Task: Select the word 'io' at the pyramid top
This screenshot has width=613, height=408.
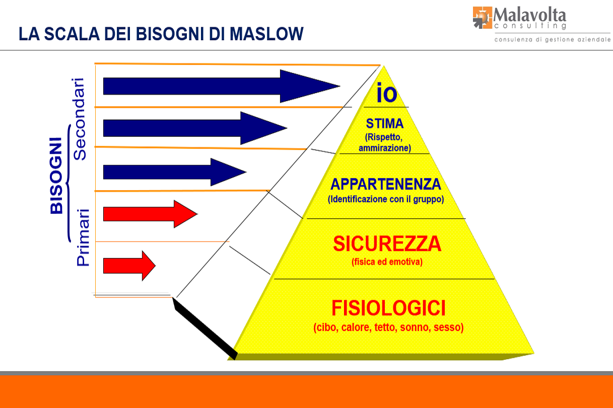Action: click(386, 94)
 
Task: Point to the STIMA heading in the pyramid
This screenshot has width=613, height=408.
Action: click(385, 124)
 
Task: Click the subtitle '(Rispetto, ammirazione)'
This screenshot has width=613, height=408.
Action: click(385, 142)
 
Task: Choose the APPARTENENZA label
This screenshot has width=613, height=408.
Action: click(385, 184)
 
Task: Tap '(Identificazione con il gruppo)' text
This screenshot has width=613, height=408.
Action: click(385, 199)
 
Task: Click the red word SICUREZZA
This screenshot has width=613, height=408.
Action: click(387, 244)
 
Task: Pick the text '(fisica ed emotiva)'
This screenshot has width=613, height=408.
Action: click(387, 262)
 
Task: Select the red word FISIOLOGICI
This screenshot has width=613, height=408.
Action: click(388, 308)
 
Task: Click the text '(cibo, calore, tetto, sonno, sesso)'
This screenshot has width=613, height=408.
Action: click(388, 328)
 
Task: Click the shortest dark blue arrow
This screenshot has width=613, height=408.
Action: click(174, 172)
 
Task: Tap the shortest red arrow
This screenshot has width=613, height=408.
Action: click(129, 265)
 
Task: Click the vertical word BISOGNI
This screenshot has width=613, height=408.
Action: click(57, 176)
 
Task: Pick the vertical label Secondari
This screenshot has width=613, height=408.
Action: click(80, 119)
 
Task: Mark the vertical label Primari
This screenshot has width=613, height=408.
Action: click(83, 237)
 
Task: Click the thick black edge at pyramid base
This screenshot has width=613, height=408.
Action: click(204, 328)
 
